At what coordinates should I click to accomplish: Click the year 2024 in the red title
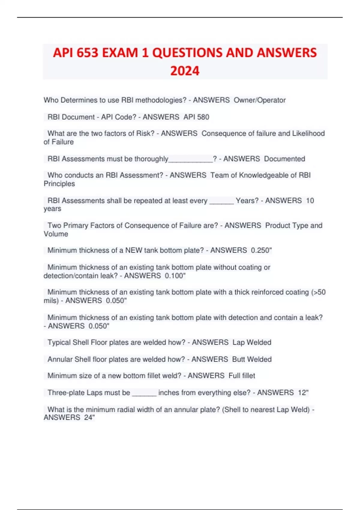(185, 71)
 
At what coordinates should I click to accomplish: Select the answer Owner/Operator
(259, 100)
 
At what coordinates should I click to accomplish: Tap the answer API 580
(196, 117)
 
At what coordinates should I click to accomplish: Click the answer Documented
(284, 159)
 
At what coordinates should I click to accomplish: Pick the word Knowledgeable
(259, 175)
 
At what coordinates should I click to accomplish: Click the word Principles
(59, 184)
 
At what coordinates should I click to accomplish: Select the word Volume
(56, 234)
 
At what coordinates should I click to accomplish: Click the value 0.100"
(175, 276)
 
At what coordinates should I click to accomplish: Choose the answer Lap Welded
(252, 343)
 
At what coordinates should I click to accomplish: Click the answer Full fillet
(241, 376)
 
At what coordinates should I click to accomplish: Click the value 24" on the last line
(89, 418)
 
